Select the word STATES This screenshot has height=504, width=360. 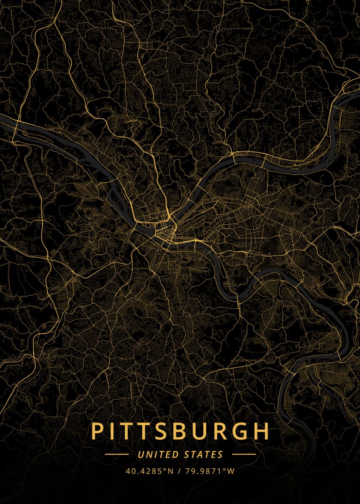coord(204,454)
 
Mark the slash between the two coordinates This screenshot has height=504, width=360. coord(179,471)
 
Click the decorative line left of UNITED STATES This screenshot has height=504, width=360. coord(116,454)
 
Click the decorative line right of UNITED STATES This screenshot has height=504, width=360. coord(244,454)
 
